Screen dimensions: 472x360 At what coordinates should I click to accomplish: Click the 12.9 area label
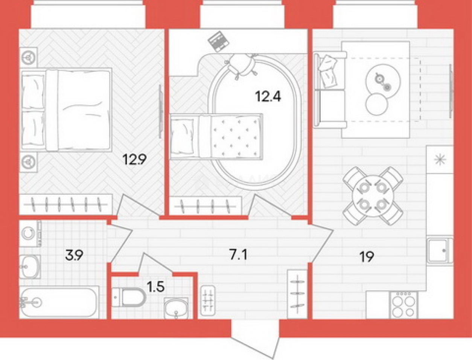coord(134,160)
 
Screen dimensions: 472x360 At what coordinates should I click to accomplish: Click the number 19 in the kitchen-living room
coord(367,257)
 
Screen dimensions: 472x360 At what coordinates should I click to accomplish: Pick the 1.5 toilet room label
coord(155,287)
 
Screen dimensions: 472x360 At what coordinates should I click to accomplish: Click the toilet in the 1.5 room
coord(129,297)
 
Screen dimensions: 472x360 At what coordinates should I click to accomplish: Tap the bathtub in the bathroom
coord(59,302)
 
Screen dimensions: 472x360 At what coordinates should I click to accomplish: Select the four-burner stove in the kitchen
coord(403,305)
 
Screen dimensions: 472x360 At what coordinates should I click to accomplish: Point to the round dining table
coord(373,196)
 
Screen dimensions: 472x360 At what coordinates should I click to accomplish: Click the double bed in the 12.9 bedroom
coord(66,110)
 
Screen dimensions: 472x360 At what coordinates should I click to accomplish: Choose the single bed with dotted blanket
coord(216,137)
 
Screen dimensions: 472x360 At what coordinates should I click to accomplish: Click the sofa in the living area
coord(330,90)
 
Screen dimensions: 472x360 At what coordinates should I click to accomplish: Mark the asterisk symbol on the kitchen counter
coord(440,160)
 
